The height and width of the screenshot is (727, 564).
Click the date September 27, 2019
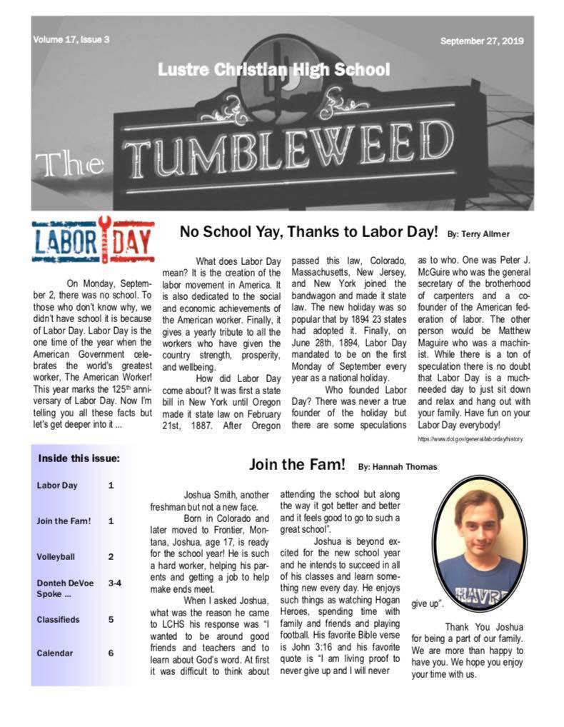pos(482,41)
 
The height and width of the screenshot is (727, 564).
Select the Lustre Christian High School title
pos(273,71)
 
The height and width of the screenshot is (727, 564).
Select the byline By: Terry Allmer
pos(478,234)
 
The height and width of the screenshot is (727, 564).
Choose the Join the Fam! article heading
pos(295,465)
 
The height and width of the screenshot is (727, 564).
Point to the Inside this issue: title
pos(79,458)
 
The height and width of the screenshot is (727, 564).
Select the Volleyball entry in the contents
pos(56,556)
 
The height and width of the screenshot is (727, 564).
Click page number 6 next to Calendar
pos(111,652)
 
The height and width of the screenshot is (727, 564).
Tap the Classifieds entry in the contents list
pos(58,619)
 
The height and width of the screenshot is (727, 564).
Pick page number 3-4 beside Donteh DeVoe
pos(114,583)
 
